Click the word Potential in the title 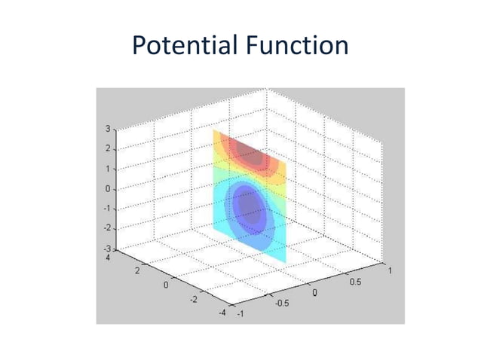[185, 47]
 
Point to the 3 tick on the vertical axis [107, 129]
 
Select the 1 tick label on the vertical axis [107, 169]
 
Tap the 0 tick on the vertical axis [107, 188]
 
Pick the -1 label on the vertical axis [106, 208]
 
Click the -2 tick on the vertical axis [106, 227]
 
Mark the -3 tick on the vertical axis [106, 248]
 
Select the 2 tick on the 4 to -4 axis [136, 271]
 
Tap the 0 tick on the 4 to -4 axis [166, 285]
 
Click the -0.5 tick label [281, 304]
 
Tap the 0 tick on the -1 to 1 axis [315, 291]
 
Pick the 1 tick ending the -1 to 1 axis [389, 268]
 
